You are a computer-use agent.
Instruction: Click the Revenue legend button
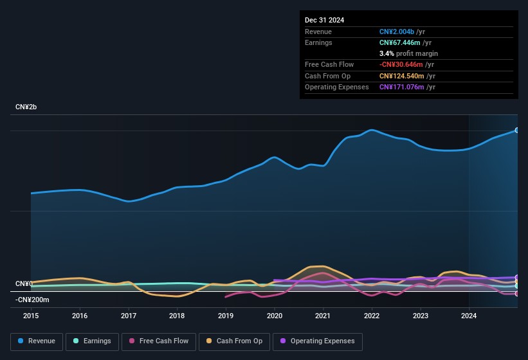(37, 341)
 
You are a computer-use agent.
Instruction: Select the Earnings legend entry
(92, 341)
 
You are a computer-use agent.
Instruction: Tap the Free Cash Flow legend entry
(159, 341)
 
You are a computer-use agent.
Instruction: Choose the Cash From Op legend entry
(234, 341)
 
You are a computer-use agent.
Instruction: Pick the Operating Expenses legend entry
(318, 341)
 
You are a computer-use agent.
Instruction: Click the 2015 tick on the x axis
(31, 316)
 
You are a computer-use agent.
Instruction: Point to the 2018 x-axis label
(177, 316)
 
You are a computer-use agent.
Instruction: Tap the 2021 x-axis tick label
(323, 316)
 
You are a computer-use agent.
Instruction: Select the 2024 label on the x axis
(469, 316)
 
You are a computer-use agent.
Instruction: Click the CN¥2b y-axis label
(26, 107)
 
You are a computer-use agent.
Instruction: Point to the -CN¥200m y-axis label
(32, 300)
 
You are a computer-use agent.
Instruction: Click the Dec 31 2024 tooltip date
(324, 20)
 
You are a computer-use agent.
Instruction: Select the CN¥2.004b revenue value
(397, 32)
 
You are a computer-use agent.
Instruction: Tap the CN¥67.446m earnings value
(400, 42)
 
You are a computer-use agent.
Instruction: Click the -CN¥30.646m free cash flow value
(401, 64)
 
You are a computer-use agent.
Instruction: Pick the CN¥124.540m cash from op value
(402, 76)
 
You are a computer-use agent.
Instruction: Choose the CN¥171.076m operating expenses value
(402, 87)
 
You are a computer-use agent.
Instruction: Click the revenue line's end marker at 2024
(517, 130)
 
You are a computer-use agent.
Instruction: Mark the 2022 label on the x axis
(372, 316)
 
